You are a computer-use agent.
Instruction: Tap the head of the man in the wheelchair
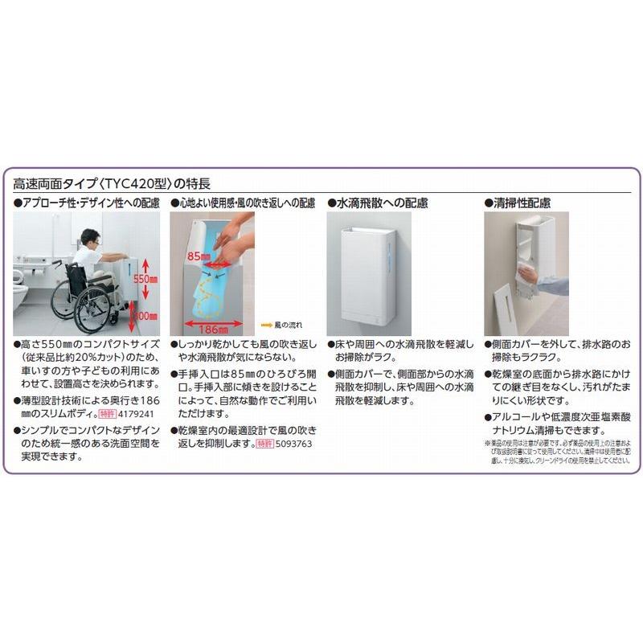(x=88, y=238)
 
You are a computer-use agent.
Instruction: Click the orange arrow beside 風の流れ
(x=267, y=326)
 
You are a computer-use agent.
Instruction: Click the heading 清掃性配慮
(x=523, y=204)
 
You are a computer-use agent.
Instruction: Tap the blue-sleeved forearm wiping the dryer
(x=553, y=285)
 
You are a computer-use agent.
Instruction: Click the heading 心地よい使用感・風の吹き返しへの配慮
(x=246, y=204)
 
